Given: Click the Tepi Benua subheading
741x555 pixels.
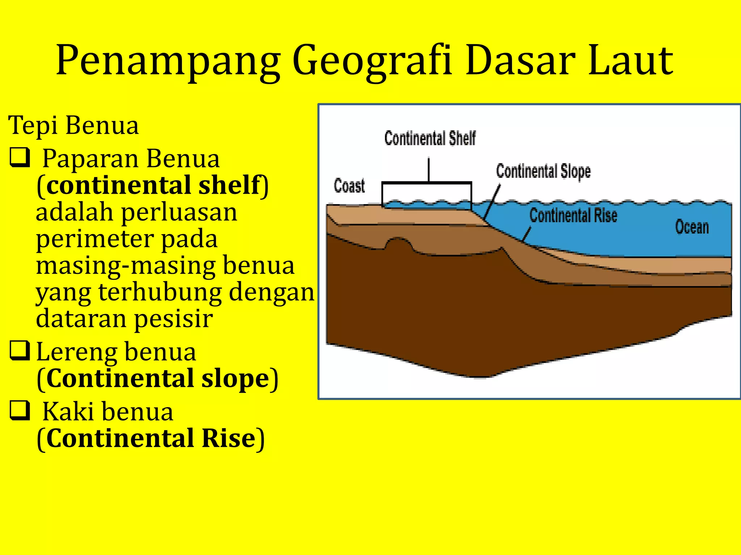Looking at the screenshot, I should point(73,125).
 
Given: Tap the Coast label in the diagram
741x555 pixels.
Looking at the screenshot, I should point(349,186).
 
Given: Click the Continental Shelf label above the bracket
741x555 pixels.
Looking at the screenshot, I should point(430,138).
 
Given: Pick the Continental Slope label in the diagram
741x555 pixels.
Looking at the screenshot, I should point(543,171).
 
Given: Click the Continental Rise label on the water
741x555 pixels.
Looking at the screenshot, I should point(573,215).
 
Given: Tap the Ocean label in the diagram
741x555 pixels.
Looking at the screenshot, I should point(692,227).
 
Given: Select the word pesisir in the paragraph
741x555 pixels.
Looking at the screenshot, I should point(173,319).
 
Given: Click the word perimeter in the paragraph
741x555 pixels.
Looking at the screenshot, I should point(94,239).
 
